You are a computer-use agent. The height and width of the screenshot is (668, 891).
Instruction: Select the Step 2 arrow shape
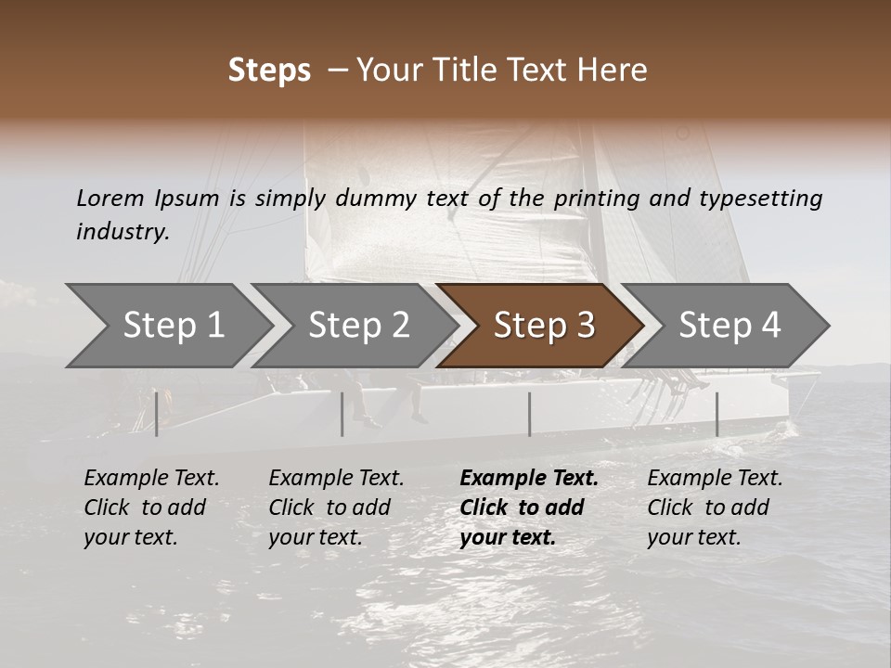click(x=357, y=326)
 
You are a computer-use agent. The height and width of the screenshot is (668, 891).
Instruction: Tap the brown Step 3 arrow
click(x=543, y=326)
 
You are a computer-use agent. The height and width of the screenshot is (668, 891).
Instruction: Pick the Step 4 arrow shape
click(x=729, y=326)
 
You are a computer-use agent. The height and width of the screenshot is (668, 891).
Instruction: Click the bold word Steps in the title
click(x=269, y=71)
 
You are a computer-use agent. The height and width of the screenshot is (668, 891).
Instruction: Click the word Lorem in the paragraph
click(x=110, y=198)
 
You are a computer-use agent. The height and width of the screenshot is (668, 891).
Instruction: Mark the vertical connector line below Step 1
click(x=157, y=414)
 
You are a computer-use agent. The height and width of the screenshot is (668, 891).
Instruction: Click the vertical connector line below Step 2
click(x=342, y=414)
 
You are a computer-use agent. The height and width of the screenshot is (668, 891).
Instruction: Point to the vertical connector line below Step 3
click(x=529, y=414)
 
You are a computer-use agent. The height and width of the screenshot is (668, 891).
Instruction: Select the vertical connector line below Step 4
click(x=717, y=414)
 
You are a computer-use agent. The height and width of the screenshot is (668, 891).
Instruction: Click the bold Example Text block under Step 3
click(x=529, y=507)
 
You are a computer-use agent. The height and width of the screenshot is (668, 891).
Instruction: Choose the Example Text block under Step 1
click(x=151, y=507)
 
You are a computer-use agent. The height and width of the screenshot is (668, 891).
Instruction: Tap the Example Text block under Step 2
click(x=336, y=507)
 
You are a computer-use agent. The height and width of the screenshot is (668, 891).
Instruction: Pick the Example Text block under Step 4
click(x=715, y=507)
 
